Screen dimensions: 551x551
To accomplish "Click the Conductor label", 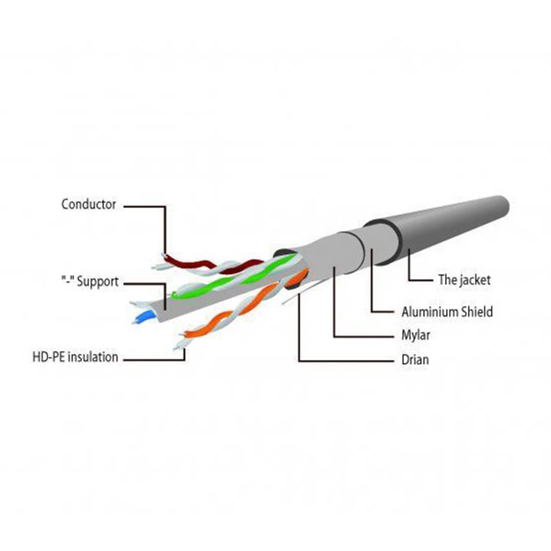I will [x=89, y=205].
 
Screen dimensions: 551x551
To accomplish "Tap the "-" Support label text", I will [x=89, y=282].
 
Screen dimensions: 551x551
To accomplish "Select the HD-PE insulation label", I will [x=75, y=357].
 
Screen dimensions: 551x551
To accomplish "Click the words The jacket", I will [x=464, y=279].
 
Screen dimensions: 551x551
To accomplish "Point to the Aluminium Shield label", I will [x=447, y=312].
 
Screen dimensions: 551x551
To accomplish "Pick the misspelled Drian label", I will [x=415, y=360].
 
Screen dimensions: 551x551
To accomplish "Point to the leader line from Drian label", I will [x=298, y=336].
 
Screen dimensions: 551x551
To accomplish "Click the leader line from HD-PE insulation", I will [x=154, y=361].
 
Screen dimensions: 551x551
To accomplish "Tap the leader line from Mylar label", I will [x=334, y=309].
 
